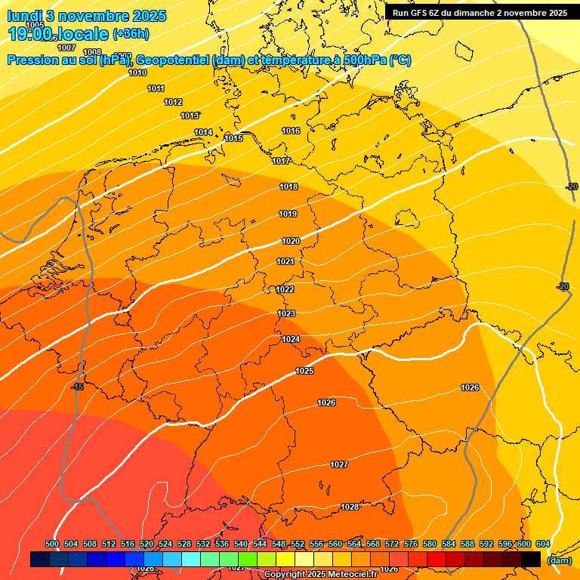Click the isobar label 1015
pyautogui.click(x=233, y=138)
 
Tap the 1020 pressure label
pyautogui.click(x=291, y=241)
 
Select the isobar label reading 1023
pyautogui.click(x=286, y=313)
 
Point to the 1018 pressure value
pyautogui.click(x=288, y=187)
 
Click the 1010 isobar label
pyautogui.click(x=137, y=73)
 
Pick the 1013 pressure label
pyautogui.click(x=190, y=116)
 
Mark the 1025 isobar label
pyautogui.click(x=304, y=371)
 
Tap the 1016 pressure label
pyautogui.click(x=291, y=131)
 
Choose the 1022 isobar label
pyautogui.click(x=285, y=289)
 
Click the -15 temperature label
pyautogui.click(x=77, y=387)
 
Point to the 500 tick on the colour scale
pyautogui.click(x=52, y=544)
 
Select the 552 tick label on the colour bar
pyautogui.click(x=298, y=544)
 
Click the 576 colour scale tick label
pyautogui.click(x=411, y=544)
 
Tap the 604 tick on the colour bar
pyautogui.click(x=543, y=544)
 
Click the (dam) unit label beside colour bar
pyautogui.click(x=559, y=560)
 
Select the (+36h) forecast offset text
pyautogui.click(x=131, y=34)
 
